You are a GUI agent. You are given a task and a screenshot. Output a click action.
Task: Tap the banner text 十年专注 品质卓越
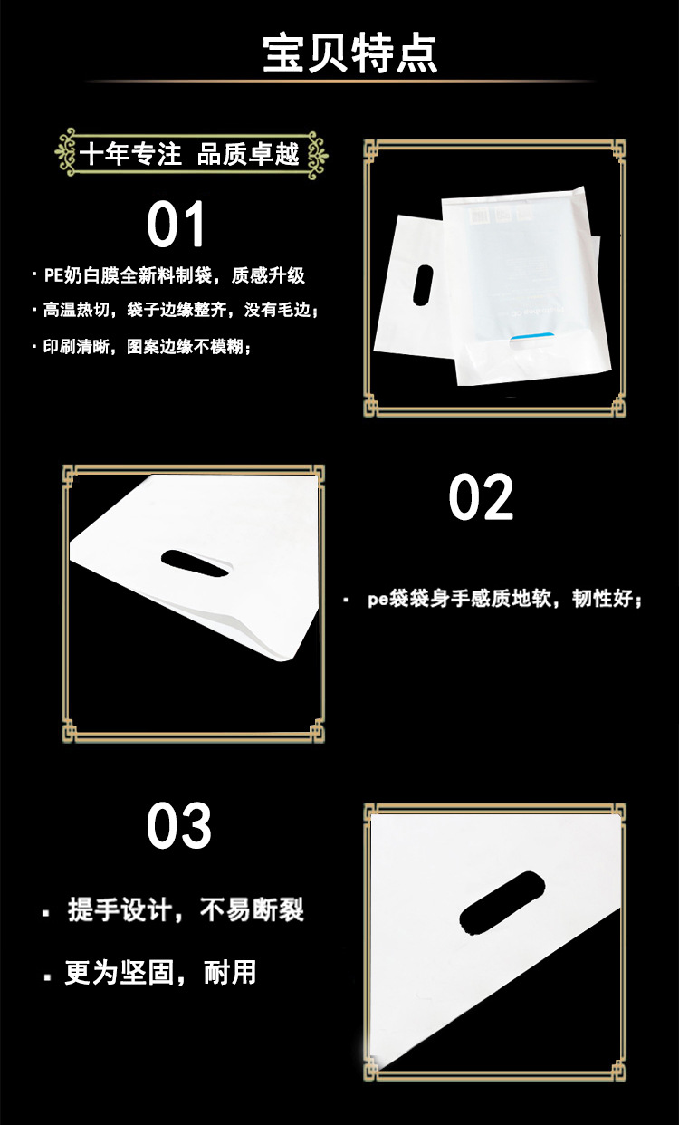pyautogui.click(x=189, y=154)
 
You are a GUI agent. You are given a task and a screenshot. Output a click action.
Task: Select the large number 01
pyautogui.click(x=177, y=226)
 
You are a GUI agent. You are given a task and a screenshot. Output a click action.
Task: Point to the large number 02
pyautogui.click(x=481, y=497)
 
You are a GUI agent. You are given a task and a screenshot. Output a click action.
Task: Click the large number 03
pyautogui.click(x=179, y=826)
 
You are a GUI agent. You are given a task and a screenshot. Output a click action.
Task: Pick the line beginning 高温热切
pyautogui.click(x=180, y=311)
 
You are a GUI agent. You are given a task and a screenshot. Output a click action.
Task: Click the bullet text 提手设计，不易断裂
pyautogui.click(x=186, y=910)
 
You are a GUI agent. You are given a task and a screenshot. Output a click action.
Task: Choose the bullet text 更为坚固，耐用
pyautogui.click(x=160, y=974)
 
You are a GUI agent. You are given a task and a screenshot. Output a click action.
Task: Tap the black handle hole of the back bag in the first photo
pyautogui.click(x=421, y=284)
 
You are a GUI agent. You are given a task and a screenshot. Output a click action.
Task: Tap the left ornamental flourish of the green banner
pyautogui.click(x=66, y=153)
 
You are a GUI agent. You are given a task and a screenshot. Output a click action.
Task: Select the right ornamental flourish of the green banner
pyautogui.click(x=316, y=153)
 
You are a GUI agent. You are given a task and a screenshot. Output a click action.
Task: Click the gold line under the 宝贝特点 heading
pyautogui.click(x=339, y=82)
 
